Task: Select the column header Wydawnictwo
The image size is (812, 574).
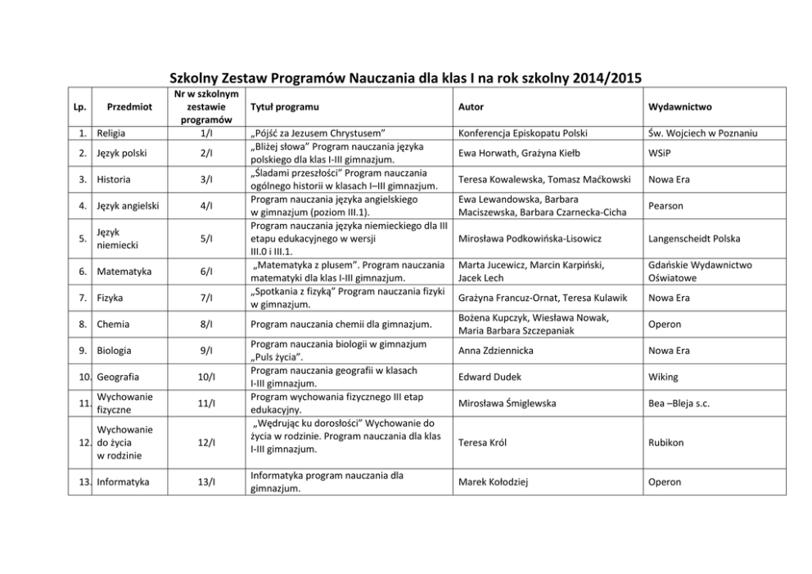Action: click(679, 107)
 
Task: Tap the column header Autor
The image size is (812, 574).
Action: click(471, 107)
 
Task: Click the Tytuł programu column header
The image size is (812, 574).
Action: click(284, 107)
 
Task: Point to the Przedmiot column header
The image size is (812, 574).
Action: click(129, 107)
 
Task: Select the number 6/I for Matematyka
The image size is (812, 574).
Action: click(206, 271)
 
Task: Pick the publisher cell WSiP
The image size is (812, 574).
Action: click(659, 152)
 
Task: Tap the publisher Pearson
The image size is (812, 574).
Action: click(665, 206)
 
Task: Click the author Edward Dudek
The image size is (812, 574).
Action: click(490, 377)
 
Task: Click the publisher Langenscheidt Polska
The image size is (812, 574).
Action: click(694, 239)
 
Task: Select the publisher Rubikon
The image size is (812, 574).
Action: click(666, 442)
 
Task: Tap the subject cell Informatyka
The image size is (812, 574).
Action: click(123, 482)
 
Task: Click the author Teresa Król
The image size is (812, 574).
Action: click(483, 442)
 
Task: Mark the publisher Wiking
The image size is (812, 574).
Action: click(663, 377)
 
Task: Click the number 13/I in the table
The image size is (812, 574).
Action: click(206, 482)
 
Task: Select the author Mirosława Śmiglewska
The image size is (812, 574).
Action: click(508, 403)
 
